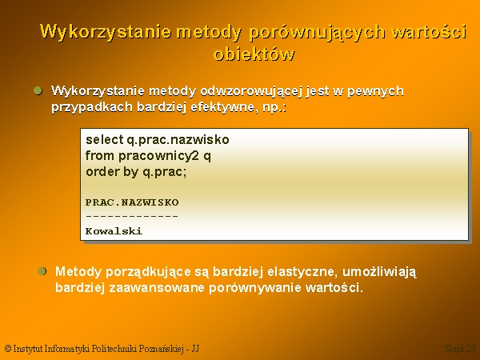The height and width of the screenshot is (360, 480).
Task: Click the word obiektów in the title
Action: pos(254,54)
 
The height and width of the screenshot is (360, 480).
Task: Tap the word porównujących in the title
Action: pos(317,32)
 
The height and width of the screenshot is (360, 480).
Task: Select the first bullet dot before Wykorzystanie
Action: pos(38,91)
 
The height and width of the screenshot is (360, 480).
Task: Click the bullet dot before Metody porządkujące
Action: pos(42,271)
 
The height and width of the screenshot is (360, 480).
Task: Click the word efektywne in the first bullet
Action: pos(222,107)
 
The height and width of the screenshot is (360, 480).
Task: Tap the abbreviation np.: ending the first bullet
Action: pos(274,108)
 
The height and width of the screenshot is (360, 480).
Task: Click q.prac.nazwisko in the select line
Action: pos(178,140)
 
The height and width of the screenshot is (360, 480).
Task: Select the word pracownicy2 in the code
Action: pos(159,157)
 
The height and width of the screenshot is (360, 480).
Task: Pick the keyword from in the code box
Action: pos(100,156)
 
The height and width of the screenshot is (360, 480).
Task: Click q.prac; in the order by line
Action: pos(164,172)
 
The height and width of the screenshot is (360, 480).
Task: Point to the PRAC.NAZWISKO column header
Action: pos(132,202)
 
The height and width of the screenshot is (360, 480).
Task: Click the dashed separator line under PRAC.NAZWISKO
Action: pos(132,216)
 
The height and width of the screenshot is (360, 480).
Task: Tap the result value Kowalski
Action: pos(114,231)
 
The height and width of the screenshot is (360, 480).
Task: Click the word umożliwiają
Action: pos(379,272)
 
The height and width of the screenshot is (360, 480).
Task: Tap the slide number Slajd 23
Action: pos(460,348)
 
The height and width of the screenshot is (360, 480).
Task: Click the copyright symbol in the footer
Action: pos(8,349)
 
